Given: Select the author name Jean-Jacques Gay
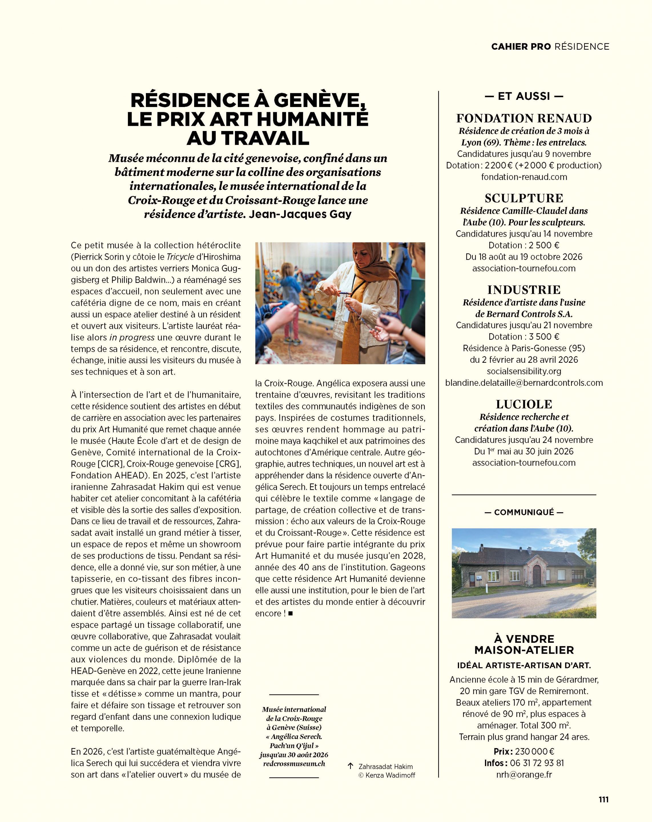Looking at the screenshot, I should (300, 214).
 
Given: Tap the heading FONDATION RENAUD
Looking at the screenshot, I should (524, 118).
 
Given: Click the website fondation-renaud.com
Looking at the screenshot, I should (524, 177).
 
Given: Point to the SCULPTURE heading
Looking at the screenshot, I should (524, 198).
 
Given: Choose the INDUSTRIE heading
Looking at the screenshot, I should (524, 290).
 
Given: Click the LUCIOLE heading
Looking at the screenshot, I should (524, 404).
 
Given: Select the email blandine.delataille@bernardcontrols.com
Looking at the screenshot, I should (524, 383).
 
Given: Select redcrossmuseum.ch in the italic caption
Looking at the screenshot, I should (294, 764).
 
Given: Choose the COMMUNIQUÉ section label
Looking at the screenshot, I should (524, 512).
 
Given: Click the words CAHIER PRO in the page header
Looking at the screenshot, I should (521, 47).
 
